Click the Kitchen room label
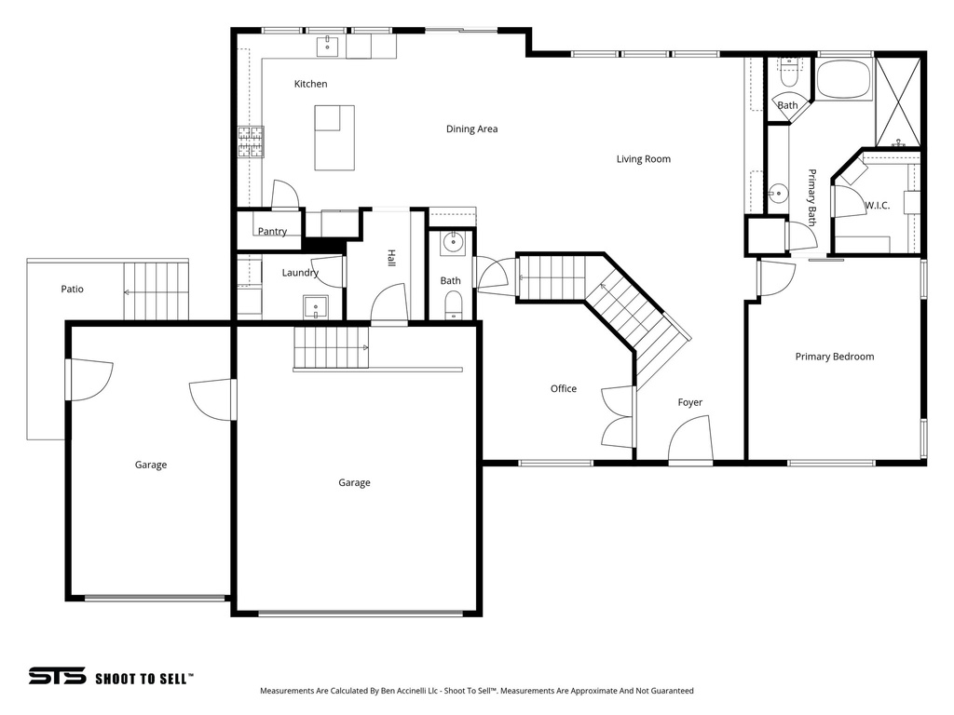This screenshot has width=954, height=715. point(310,84)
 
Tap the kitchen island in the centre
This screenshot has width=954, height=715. point(334,138)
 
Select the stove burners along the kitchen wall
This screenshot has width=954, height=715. point(251,142)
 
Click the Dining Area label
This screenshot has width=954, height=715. point(471,129)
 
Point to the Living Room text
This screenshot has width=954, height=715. point(643,159)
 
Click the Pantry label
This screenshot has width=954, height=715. point(272,232)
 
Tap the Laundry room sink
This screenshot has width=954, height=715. point(315,306)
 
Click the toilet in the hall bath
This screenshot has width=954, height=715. point(452,305)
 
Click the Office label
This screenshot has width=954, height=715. point(563,389)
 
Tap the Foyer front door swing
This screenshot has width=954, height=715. point(691,438)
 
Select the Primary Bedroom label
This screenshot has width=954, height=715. point(834,357)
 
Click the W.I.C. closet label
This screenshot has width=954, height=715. point(877,206)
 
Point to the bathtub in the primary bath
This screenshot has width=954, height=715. point(843,79)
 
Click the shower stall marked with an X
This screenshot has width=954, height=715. point(899,101)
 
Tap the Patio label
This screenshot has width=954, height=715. point(73,290)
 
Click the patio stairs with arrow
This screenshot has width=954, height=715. point(156,291)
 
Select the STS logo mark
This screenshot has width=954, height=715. point(57,676)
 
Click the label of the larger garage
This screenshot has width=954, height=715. point(354,482)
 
